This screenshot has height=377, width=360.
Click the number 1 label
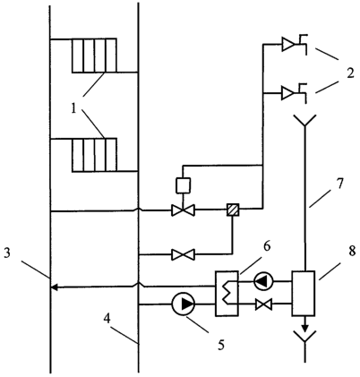pos(73,108)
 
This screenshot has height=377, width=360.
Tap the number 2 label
pos(350,73)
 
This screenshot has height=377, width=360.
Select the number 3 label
pos(7,253)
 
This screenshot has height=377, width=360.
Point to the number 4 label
pos(107,319)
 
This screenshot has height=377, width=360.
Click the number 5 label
pos(221,345)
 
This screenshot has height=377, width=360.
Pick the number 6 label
pos(267,246)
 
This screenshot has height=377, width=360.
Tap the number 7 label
pos(339,183)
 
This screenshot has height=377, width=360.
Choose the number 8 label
pos(352,251)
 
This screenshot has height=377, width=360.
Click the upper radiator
pos(94,56)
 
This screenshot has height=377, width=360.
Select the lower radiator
pos(94,155)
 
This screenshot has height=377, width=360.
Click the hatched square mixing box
pos(233,210)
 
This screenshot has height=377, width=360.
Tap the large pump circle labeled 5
pos(184,304)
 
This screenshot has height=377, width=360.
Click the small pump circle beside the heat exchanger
pos(263,280)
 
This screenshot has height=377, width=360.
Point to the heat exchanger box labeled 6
pos(227,293)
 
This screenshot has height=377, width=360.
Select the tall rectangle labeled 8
pos(304,293)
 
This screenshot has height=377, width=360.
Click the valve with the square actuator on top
pos(183,210)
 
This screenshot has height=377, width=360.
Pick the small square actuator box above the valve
pos(184,185)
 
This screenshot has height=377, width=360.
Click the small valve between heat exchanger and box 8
pos(263,304)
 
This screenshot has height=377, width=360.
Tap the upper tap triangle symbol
pos(288,45)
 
